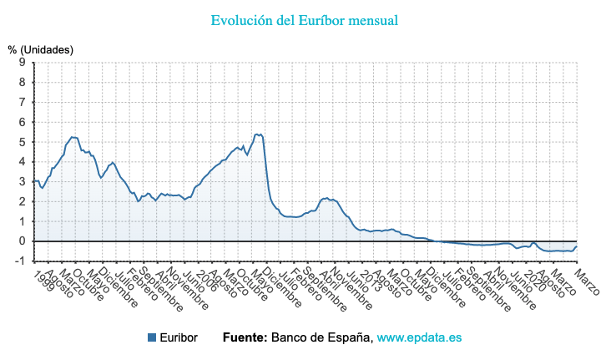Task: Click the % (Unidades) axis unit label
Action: (x=40, y=50)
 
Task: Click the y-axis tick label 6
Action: (x=22, y=122)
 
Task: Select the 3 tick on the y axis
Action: (x=22, y=181)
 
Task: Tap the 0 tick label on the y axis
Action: (x=22, y=241)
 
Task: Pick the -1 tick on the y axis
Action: (x=19, y=261)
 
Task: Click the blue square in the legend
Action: (x=152, y=337)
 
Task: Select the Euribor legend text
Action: (x=179, y=337)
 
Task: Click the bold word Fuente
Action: (x=245, y=337)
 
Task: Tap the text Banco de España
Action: (x=321, y=337)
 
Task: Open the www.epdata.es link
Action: (x=419, y=337)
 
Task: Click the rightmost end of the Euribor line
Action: (x=577, y=246)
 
